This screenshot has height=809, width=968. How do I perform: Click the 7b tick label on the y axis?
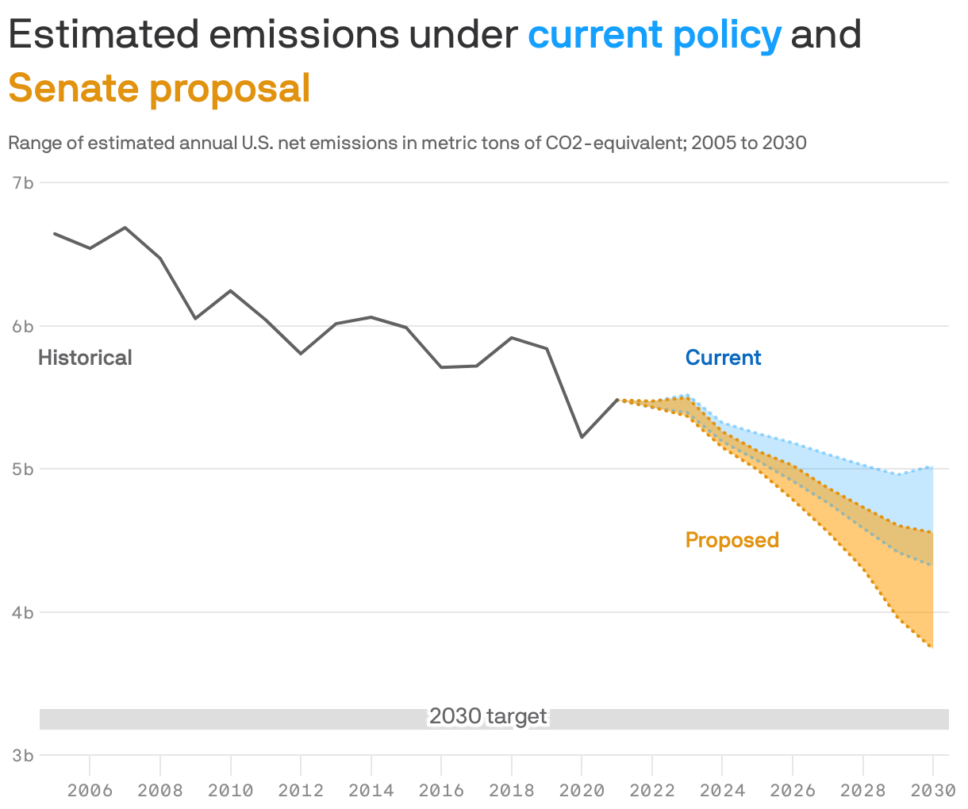point(23,182)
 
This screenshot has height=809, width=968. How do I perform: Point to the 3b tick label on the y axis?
point(23,755)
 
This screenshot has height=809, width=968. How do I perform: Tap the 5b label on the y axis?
point(23,469)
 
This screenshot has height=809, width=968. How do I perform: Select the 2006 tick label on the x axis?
point(90,790)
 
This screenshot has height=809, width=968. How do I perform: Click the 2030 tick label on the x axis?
point(932,790)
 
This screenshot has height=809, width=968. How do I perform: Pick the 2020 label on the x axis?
point(582,790)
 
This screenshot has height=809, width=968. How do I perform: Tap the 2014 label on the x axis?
point(371,790)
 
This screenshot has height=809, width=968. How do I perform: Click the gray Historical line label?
point(85,358)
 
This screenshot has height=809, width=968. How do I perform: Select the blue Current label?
point(723,358)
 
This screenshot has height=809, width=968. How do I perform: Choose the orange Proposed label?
point(732,540)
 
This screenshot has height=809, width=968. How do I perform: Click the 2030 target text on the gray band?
point(488,717)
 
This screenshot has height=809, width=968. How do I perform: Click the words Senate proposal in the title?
point(159,88)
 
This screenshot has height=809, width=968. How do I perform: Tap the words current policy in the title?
point(655,35)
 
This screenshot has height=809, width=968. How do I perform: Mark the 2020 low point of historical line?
point(582,437)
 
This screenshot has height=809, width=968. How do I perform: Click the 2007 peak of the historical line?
point(125,228)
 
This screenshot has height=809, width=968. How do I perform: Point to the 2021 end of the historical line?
point(617,400)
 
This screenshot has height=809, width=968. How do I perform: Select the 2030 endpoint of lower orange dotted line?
point(932,647)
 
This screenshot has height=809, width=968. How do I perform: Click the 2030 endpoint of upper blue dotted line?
point(932,467)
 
